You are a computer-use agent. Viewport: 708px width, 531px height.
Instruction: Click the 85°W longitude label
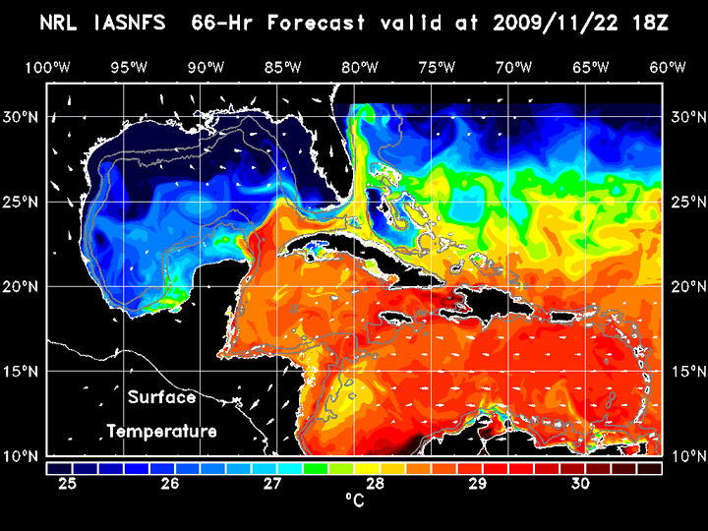tap(282, 67)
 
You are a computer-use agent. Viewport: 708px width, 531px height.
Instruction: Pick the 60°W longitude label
tap(669, 67)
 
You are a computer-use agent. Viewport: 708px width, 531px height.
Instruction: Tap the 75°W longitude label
tap(437, 67)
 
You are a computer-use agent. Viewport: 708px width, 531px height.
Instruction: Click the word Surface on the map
tap(161, 398)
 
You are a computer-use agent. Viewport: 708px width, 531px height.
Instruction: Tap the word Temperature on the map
tap(161, 431)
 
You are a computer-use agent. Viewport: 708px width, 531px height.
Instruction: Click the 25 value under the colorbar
tap(67, 484)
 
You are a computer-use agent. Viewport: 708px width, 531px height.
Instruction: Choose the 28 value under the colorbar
tap(375, 484)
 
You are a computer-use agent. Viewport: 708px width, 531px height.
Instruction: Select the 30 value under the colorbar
tap(580, 484)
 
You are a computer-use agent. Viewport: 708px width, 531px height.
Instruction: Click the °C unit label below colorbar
tap(354, 501)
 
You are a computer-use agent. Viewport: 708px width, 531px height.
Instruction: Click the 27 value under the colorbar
tap(272, 484)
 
